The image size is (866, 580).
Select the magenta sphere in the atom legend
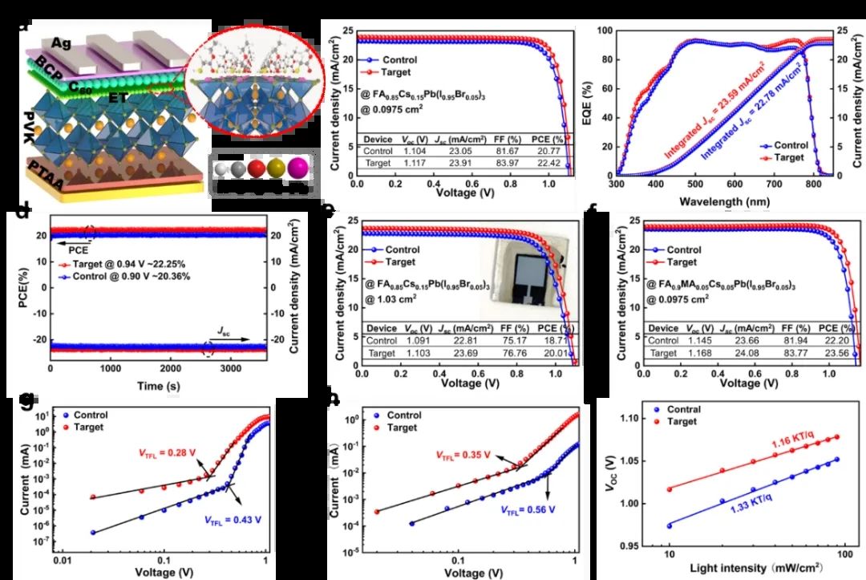tap(297, 169)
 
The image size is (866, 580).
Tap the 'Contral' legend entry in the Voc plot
tap(683, 410)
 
